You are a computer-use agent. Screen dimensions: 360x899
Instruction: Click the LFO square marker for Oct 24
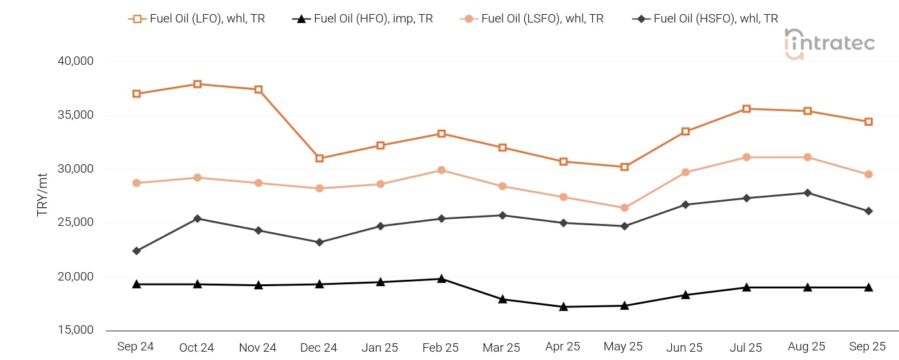click(198, 84)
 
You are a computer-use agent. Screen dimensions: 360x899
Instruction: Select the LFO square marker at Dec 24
click(320, 158)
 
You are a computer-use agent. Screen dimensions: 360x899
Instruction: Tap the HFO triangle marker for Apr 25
click(563, 307)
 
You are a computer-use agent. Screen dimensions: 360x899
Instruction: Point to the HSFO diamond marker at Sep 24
click(137, 251)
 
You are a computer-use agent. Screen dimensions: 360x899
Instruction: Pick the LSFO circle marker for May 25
click(624, 208)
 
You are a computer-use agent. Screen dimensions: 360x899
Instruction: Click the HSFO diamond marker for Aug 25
click(807, 193)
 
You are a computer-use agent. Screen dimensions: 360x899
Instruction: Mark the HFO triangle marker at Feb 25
click(441, 279)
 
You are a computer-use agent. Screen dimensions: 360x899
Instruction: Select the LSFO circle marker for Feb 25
click(441, 170)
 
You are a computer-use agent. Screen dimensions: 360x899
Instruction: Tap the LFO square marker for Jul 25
click(746, 109)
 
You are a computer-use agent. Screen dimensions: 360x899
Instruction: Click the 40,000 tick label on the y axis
click(76, 62)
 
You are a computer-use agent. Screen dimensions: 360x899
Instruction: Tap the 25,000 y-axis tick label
click(76, 223)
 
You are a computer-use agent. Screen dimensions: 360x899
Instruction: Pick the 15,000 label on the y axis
click(76, 330)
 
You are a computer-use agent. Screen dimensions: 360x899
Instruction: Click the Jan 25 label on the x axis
click(380, 348)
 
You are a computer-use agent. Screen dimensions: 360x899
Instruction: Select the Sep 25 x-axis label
click(868, 347)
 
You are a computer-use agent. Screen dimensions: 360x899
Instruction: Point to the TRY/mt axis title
click(42, 194)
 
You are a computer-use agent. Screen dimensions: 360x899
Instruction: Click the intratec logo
click(829, 44)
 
